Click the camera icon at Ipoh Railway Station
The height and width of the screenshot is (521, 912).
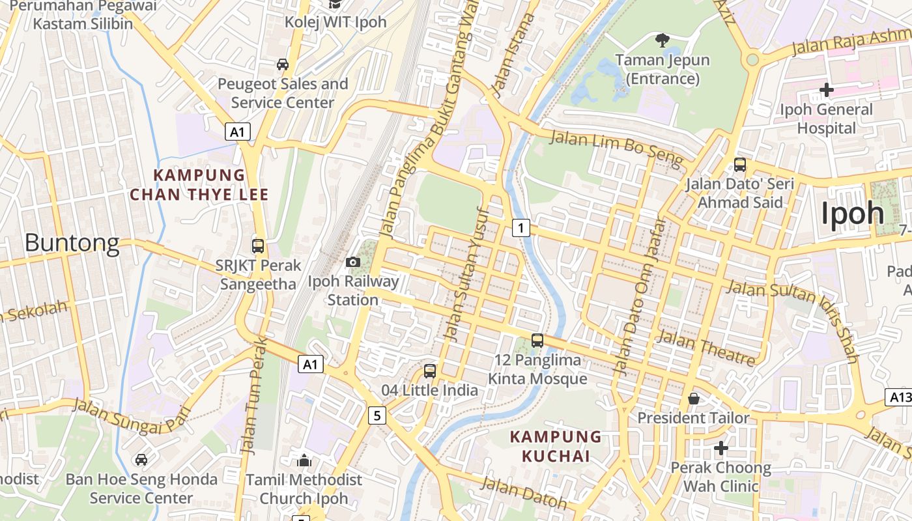click(x=353, y=262)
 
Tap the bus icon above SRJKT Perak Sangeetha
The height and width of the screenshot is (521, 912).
click(x=258, y=246)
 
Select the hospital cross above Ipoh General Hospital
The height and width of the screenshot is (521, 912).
click(x=827, y=89)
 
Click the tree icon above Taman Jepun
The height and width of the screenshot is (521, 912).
click(x=663, y=40)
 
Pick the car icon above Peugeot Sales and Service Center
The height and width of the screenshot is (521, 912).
click(x=283, y=64)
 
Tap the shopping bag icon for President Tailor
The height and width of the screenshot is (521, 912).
click(x=694, y=398)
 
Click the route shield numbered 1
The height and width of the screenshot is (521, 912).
click(x=520, y=228)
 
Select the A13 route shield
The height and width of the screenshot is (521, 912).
click(x=900, y=397)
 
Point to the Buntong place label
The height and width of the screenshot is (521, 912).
click(x=72, y=243)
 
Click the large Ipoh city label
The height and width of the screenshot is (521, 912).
click(x=852, y=214)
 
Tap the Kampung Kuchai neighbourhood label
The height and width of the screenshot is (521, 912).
click(x=556, y=446)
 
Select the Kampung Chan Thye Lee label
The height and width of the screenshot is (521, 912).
click(x=199, y=185)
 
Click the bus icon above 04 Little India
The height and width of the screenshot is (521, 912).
click(x=430, y=371)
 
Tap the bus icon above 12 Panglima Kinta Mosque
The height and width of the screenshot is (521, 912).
click(x=537, y=340)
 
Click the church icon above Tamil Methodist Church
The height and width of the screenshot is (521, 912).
click(x=304, y=460)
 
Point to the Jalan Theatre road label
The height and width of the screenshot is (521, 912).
click(x=707, y=348)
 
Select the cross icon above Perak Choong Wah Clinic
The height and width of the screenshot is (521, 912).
click(x=720, y=448)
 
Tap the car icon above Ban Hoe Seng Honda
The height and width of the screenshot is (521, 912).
click(x=141, y=460)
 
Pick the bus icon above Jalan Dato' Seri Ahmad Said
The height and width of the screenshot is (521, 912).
click(x=740, y=164)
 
